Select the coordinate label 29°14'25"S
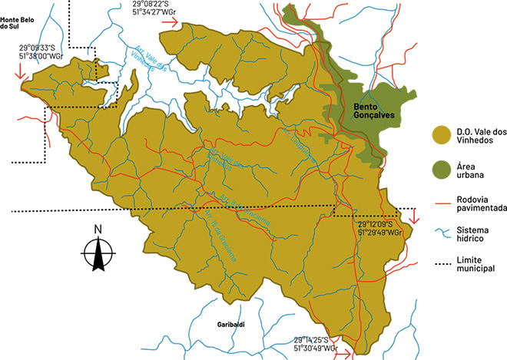[316, 340]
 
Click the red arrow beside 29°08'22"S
[171, 23]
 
